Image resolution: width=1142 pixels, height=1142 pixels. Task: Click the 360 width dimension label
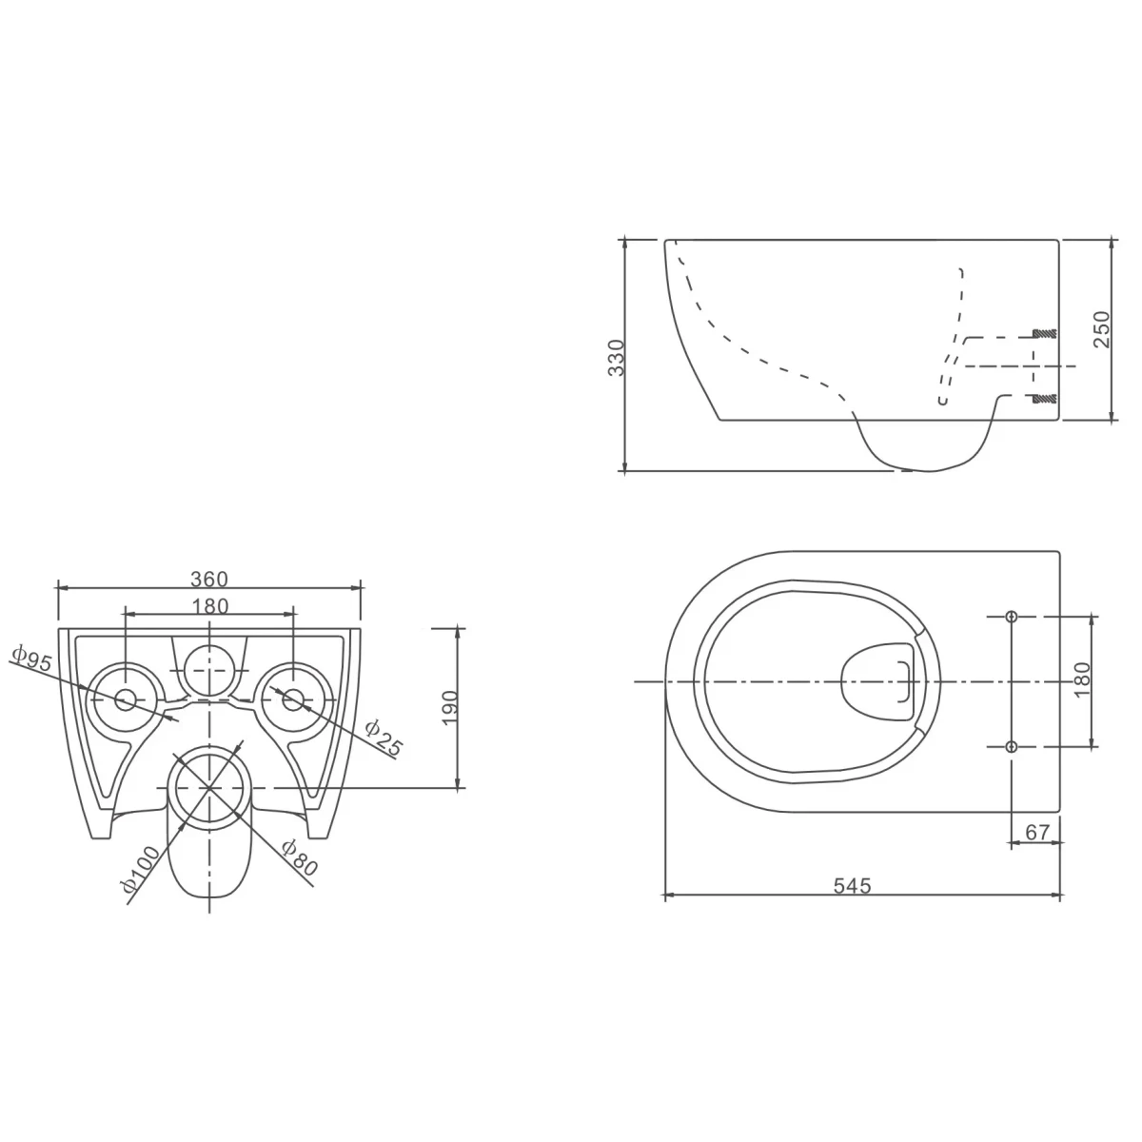[209, 579]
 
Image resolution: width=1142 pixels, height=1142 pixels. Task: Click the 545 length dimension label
[852, 885]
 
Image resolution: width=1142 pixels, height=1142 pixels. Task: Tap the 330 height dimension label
[617, 358]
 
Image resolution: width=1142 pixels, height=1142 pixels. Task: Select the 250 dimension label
[1101, 329]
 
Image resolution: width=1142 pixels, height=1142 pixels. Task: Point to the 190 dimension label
[450, 707]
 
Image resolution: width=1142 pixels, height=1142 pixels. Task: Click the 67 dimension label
[1037, 833]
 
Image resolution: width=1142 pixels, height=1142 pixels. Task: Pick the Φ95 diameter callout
[32, 659]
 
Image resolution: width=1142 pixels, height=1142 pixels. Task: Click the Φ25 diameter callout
[383, 738]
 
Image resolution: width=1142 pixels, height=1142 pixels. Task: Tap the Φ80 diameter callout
[299, 857]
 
